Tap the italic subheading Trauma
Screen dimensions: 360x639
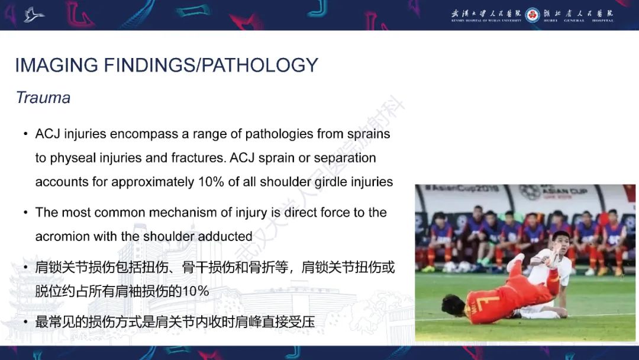43,98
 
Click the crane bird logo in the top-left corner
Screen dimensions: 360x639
34,14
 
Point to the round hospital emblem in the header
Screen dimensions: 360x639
532,14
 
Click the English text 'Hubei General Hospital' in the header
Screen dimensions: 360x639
578,21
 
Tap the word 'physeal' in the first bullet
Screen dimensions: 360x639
74,158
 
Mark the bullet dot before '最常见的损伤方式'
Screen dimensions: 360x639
25,323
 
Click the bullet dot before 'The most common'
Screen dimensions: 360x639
25,213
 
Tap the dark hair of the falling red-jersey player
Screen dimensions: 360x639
451,304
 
